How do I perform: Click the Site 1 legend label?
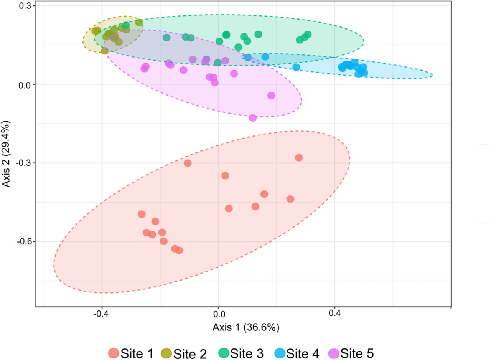137,353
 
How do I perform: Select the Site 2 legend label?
190,353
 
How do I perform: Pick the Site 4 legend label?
303,353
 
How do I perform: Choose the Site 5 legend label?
357,353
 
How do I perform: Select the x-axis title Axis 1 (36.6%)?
246,328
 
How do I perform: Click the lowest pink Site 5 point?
253,118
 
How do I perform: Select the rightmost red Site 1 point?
299,158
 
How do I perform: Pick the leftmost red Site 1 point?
142,214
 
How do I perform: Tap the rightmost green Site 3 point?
308,35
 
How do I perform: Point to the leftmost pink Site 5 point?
144,69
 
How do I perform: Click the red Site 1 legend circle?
114,353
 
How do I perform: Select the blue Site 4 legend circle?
280,353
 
